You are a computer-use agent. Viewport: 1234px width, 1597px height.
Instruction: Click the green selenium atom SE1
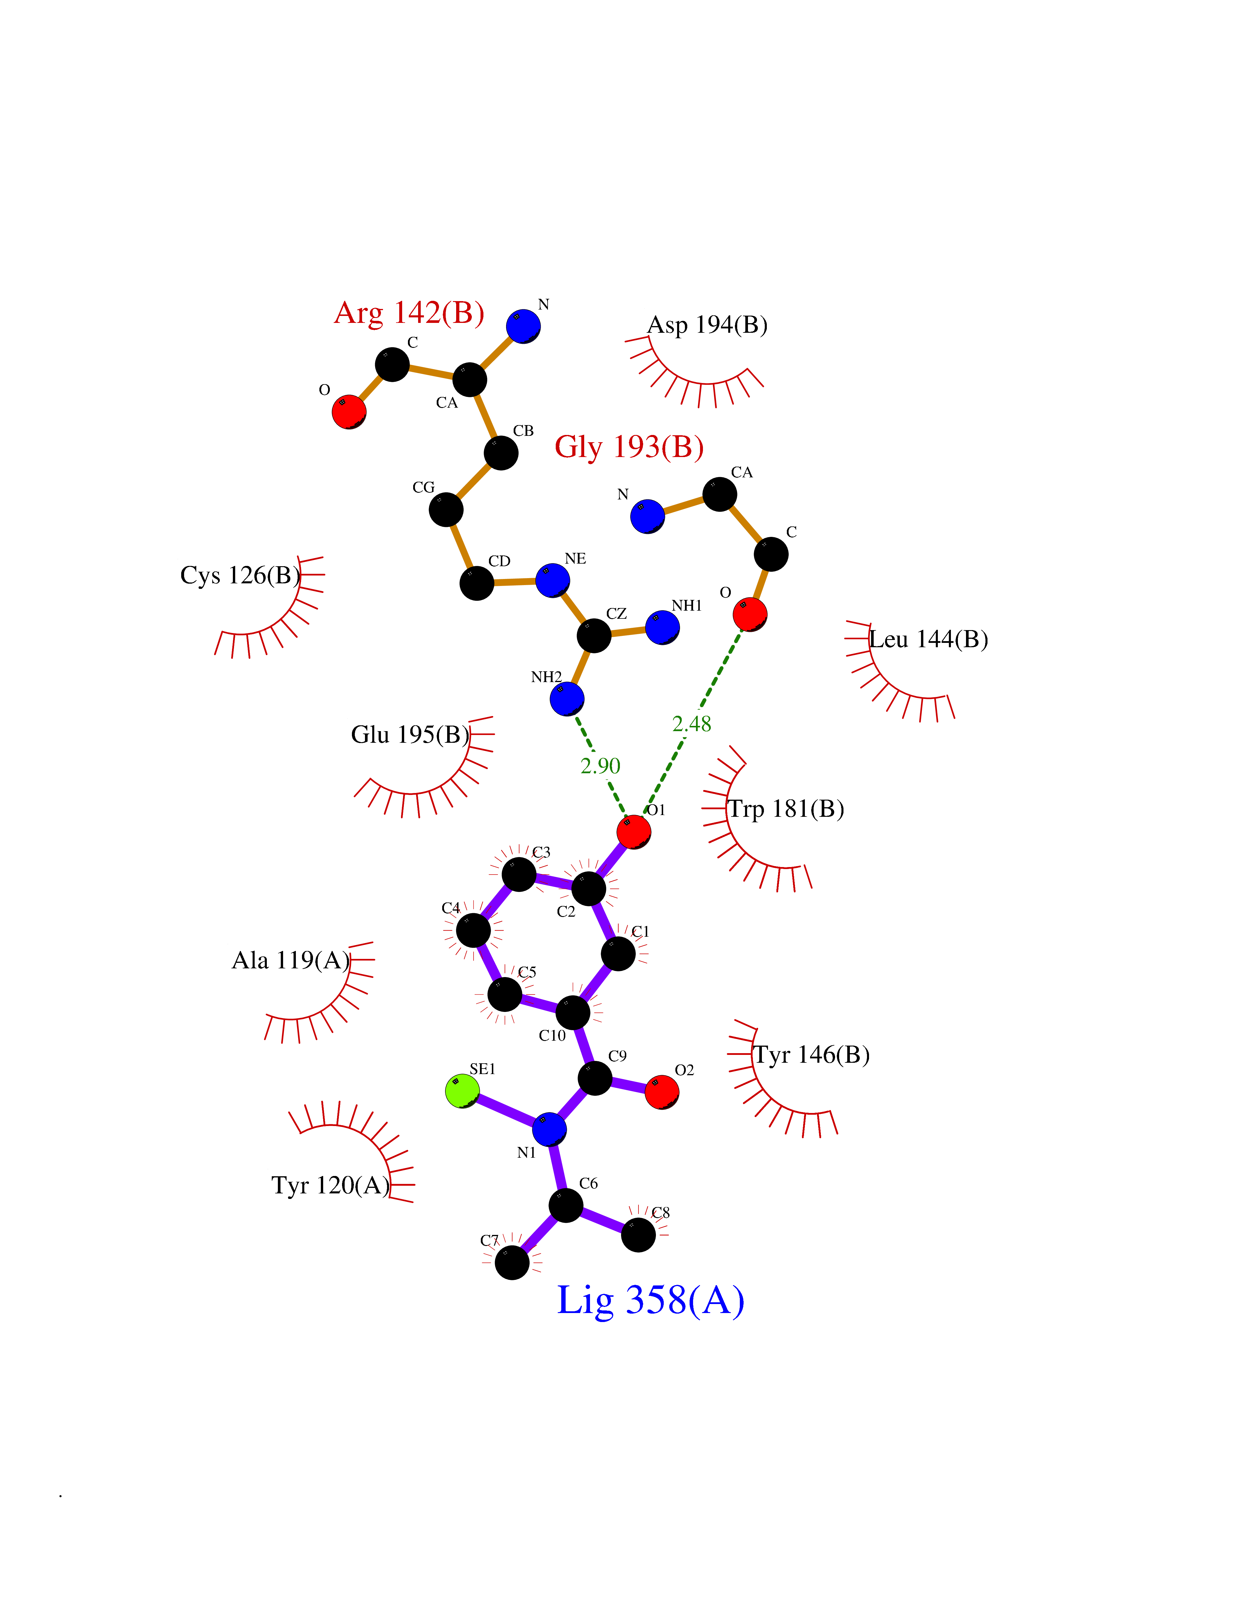(x=462, y=1091)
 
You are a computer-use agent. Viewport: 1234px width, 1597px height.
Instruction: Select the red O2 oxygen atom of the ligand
(x=662, y=1092)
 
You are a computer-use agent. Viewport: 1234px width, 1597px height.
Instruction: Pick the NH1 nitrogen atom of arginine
(x=662, y=627)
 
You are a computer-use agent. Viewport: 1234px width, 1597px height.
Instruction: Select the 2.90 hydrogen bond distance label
(x=600, y=766)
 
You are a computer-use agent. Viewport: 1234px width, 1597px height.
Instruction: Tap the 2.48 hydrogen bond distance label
(x=692, y=724)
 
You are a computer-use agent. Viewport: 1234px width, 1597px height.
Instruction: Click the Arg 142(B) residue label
(x=409, y=313)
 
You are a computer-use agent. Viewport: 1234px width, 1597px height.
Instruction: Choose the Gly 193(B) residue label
(x=629, y=447)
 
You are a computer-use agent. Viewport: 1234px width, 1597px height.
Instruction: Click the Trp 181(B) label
(x=786, y=809)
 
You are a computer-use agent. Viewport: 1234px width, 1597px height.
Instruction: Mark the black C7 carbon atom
(x=512, y=1263)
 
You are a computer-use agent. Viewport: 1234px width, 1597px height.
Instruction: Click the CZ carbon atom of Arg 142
(x=593, y=635)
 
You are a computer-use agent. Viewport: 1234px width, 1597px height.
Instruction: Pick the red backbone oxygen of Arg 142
(x=349, y=412)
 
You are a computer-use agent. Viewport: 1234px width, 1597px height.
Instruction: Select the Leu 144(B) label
(x=929, y=639)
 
